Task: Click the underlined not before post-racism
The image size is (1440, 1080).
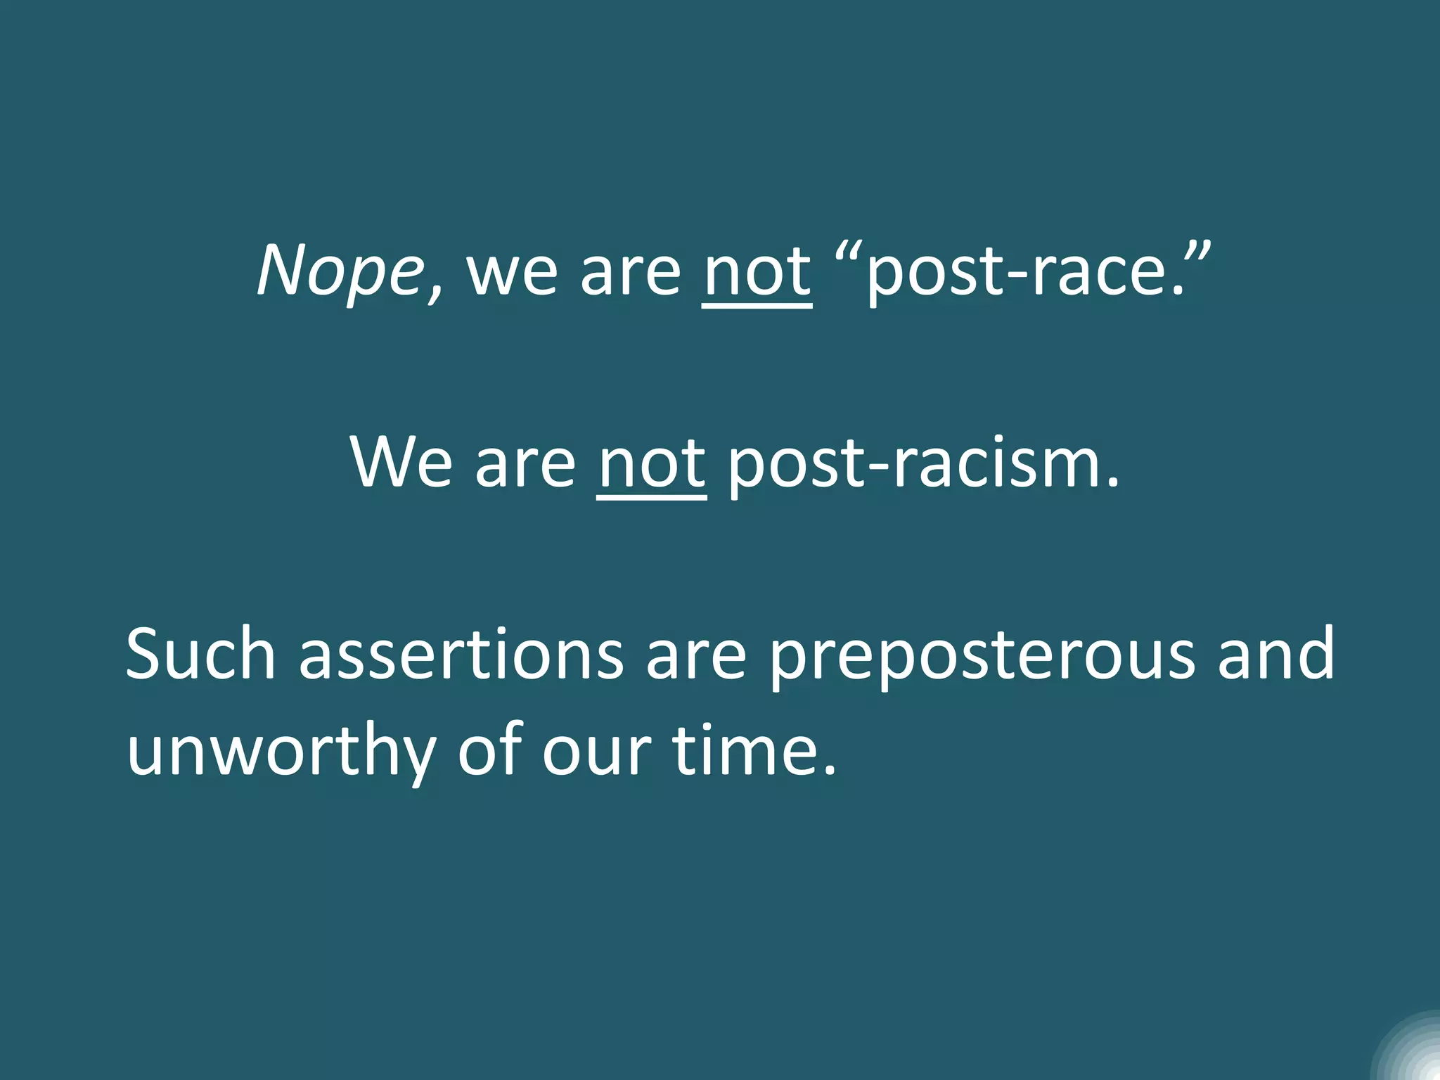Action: click(652, 464)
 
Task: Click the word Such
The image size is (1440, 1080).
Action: click(200, 654)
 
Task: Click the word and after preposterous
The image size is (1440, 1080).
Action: click(1275, 654)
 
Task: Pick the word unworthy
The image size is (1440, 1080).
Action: click(281, 751)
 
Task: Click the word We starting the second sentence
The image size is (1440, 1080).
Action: click(401, 464)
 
